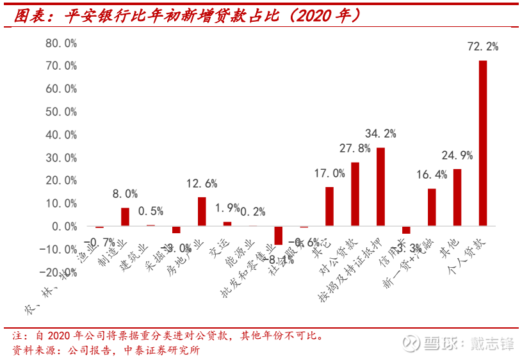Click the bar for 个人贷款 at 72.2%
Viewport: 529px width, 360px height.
tap(483, 143)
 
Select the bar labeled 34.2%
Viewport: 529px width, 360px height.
tap(380, 186)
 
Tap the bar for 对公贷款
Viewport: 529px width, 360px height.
tap(355, 194)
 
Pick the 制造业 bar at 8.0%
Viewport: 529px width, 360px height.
tap(125, 217)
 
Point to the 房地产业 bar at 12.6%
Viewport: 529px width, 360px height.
tap(202, 211)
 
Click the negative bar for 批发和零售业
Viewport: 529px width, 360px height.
tap(279, 235)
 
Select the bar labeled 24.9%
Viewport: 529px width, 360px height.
tap(457, 197)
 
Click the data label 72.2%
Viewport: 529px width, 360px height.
tap(484, 47)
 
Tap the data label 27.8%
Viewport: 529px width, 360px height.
tap(355, 149)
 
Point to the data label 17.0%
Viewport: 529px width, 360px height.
tap(330, 173)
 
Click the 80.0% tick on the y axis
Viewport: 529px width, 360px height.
tap(61, 43)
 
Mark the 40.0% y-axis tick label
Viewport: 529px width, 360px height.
tap(61, 135)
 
